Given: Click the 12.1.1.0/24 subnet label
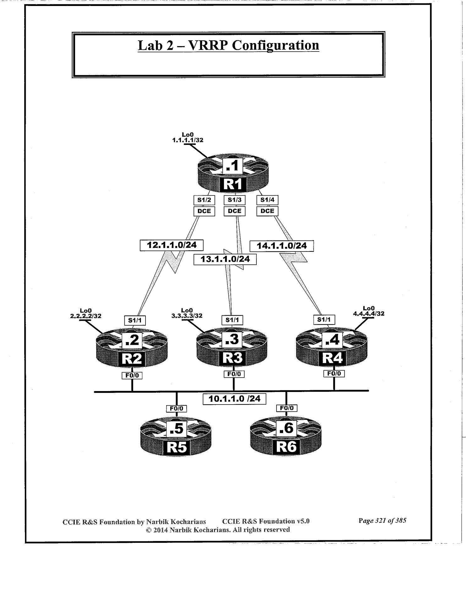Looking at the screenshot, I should pyautogui.click(x=172, y=245).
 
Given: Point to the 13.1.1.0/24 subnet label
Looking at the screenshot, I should pyautogui.click(x=225, y=259).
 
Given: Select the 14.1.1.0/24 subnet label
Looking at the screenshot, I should pyautogui.click(x=282, y=246).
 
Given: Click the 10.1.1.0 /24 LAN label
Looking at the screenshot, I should pyautogui.click(x=234, y=399).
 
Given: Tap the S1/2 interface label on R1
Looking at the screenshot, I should pyautogui.click(x=204, y=200).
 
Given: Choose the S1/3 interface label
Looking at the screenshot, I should pyautogui.click(x=234, y=200).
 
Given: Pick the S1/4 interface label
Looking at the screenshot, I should pyautogui.click(x=267, y=200).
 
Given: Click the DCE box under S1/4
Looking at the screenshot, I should pyautogui.click(x=267, y=211).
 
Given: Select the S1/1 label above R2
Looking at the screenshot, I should pyautogui.click(x=135, y=320).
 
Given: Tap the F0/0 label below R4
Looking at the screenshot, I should pyautogui.click(x=334, y=373).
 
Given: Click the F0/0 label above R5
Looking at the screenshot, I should pyautogui.click(x=176, y=409).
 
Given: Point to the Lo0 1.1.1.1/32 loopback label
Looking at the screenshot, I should pyautogui.click(x=188, y=138).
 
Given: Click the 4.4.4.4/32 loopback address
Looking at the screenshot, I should pyautogui.click(x=369, y=313).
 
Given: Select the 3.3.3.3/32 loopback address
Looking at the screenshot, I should pyautogui.click(x=187, y=316).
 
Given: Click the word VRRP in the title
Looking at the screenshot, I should pyautogui.click(x=207, y=45).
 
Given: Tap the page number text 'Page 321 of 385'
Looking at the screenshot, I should pyautogui.click(x=382, y=521).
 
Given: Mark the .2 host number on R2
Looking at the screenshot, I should pyautogui.click(x=132, y=340).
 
